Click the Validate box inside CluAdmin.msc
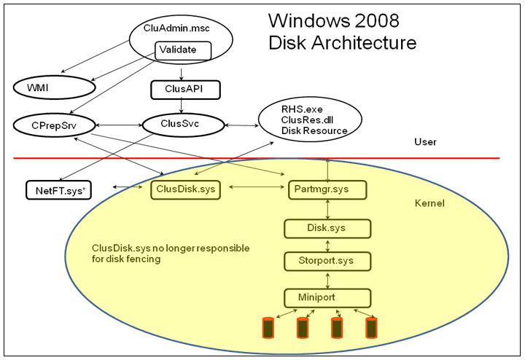[x=182, y=51]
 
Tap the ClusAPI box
[x=185, y=89]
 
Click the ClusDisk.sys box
[x=185, y=189]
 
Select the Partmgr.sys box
[x=326, y=189]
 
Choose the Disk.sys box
[x=326, y=228]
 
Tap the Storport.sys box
[x=326, y=261]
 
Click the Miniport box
[x=326, y=297]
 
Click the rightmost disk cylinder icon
[x=372, y=328]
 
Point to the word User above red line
[x=424, y=142]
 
